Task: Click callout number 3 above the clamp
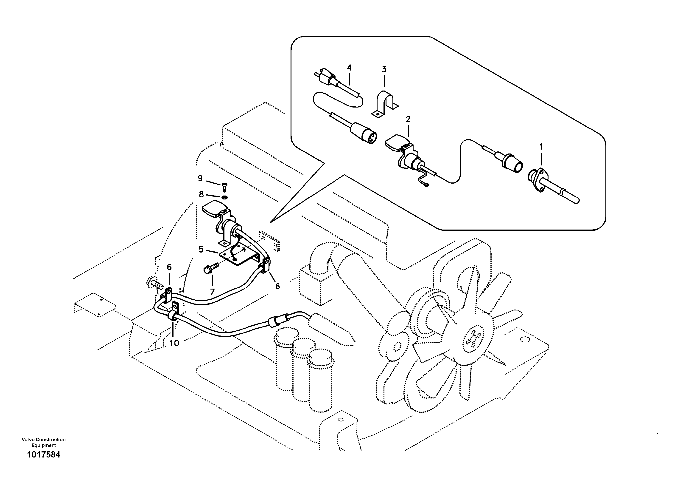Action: pos(384,70)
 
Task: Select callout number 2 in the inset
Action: pos(408,119)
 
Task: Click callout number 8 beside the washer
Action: pos(202,194)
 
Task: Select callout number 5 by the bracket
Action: pos(201,249)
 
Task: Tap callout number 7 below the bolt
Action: pos(212,292)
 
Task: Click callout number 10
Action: pos(174,343)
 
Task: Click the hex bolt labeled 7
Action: pos(208,269)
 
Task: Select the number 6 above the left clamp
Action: pos(169,267)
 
